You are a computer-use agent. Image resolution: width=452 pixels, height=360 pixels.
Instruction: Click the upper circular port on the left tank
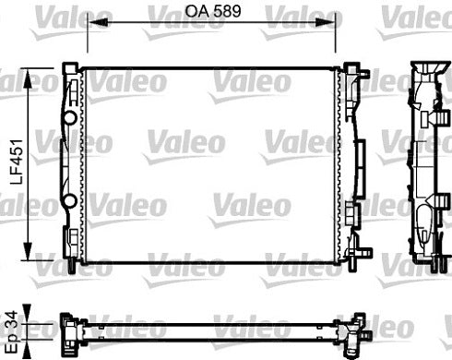click(71, 118)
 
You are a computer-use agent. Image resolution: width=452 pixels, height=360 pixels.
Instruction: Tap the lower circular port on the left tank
click(71, 201)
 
